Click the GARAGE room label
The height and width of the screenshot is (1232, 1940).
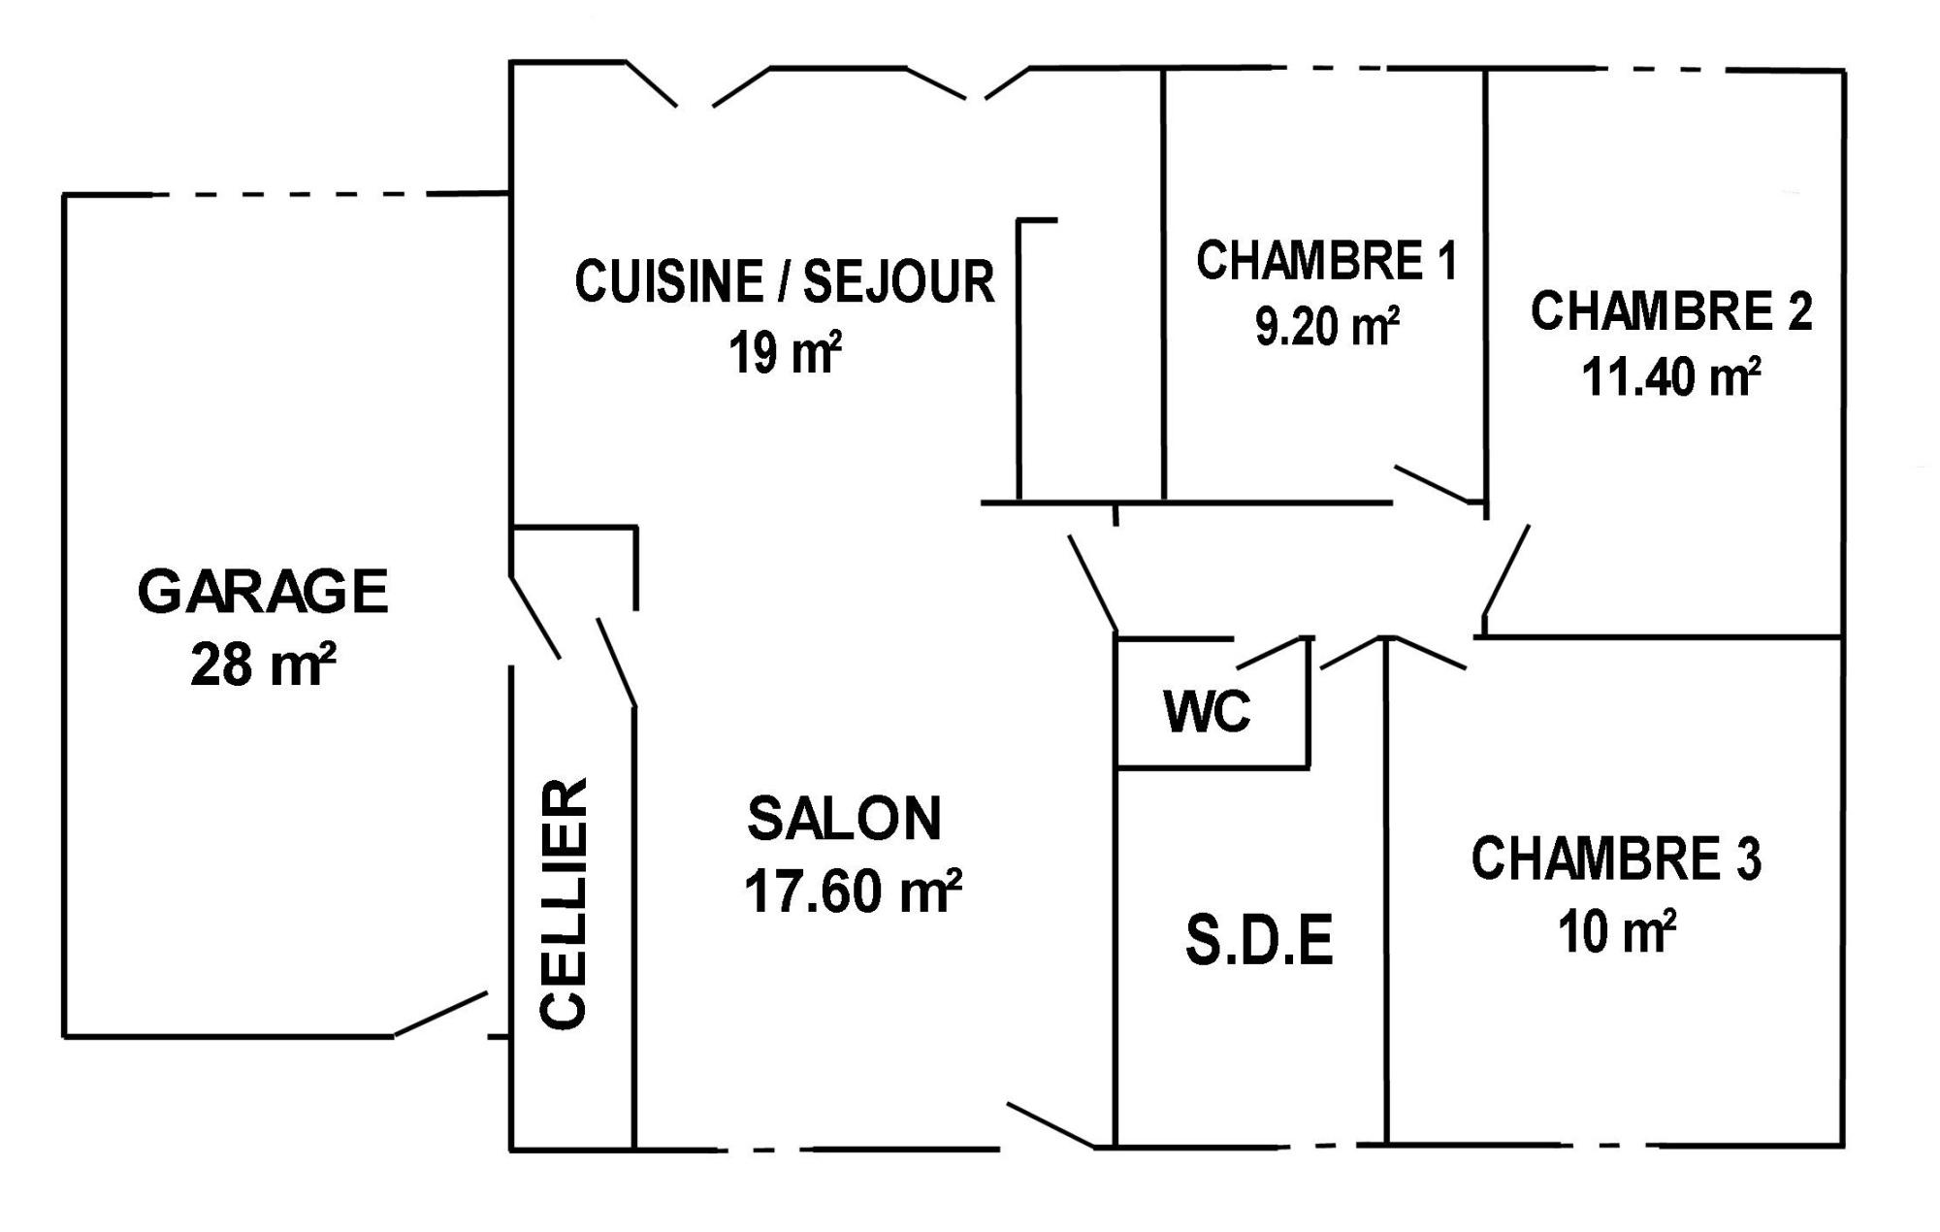click(x=263, y=592)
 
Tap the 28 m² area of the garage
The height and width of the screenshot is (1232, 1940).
click(x=263, y=665)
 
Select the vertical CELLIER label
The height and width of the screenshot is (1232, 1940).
click(x=563, y=902)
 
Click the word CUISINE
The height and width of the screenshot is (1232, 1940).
click(x=668, y=281)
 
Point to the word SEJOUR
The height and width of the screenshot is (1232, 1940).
click(x=898, y=281)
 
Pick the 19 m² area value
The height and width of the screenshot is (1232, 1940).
click(x=785, y=351)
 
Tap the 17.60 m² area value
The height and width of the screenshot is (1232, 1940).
click(x=853, y=891)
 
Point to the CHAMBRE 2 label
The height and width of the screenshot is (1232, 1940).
click(x=1670, y=310)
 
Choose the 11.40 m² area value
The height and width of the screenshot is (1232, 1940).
click(x=1671, y=375)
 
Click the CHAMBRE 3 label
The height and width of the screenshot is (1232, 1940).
click(x=1616, y=859)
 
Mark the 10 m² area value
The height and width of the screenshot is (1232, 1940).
click(x=1617, y=931)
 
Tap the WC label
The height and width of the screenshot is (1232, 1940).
click(x=1207, y=711)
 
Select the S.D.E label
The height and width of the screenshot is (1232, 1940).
click(x=1259, y=939)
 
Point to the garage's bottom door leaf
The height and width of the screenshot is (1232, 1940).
click(x=439, y=1014)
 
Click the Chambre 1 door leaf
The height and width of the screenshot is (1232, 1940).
click(x=1434, y=484)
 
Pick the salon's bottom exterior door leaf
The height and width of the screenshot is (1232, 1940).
click(x=1052, y=1125)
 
